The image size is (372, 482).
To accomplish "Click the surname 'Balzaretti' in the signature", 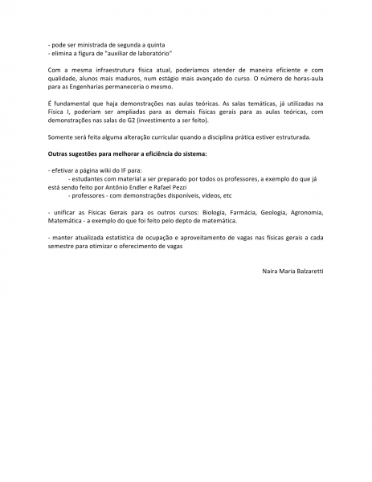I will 307,272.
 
